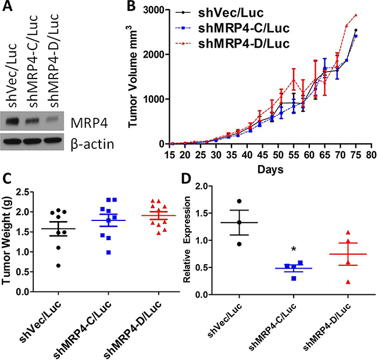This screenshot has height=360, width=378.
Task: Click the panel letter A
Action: pyautogui.click(x=8, y=7)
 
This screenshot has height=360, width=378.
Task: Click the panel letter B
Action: pyautogui.click(x=131, y=7)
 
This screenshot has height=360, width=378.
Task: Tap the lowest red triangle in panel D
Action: pyautogui.click(x=348, y=281)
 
